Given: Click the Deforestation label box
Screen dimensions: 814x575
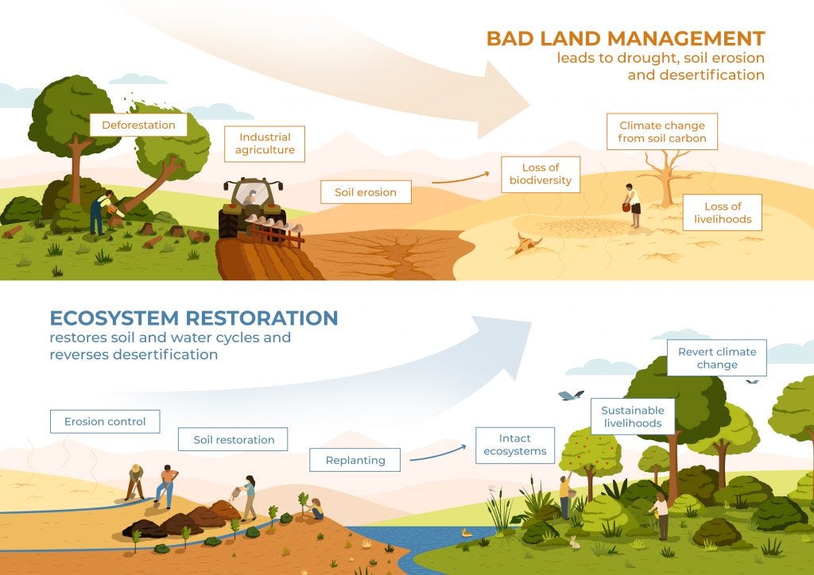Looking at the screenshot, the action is pos(138,125).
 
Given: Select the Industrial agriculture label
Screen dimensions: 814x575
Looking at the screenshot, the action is pos(265,144).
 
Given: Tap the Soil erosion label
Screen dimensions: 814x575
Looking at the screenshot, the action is pos(366,192).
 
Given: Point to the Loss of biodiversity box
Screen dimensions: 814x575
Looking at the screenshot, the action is pos(541,174).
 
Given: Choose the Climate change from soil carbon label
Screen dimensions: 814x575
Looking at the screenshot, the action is pos(662,132).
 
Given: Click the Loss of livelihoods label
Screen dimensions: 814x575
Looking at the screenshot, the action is pos(723,213).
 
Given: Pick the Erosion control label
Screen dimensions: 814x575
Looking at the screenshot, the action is pos(105,422).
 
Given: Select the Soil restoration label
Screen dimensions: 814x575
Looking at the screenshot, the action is pos(233,440).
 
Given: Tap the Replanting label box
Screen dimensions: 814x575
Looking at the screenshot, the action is pos(355,460).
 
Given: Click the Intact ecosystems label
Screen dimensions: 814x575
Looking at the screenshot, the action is pos(515,446).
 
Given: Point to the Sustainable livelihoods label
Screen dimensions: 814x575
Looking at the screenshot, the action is pos(633,417).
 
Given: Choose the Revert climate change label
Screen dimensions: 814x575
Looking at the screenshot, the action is pos(717,357).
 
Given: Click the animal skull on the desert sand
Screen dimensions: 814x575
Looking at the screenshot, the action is pos(528,243).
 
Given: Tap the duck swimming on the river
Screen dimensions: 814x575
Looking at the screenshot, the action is pos(466,532).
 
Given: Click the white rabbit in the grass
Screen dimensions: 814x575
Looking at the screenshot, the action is pos(574,542).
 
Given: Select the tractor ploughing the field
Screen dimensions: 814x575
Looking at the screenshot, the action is pos(254,208).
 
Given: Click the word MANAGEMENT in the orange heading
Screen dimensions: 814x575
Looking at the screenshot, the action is pos(686,39).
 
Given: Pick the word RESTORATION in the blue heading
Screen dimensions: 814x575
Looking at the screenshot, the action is pos(262,318).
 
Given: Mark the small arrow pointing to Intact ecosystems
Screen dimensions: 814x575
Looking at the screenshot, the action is pos(438,453).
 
